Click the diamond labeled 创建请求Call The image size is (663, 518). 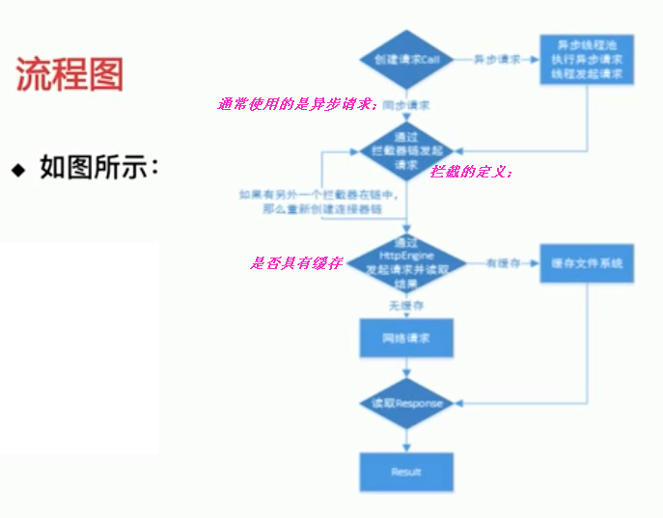coord(406,59)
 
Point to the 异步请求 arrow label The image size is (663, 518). coord(495,59)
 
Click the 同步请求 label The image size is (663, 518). coord(406,103)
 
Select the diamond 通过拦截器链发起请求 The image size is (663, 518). coord(406,150)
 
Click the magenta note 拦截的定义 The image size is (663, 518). coord(472,172)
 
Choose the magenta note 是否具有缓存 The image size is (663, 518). coord(296,262)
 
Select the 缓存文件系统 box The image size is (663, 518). coord(587,262)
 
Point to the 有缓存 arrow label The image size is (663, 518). coord(503,262)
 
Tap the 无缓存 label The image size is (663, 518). coord(406,305)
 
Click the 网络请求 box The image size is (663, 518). coord(406,340)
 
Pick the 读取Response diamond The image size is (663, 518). coord(406,403)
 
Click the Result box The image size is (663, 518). coord(406,472)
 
